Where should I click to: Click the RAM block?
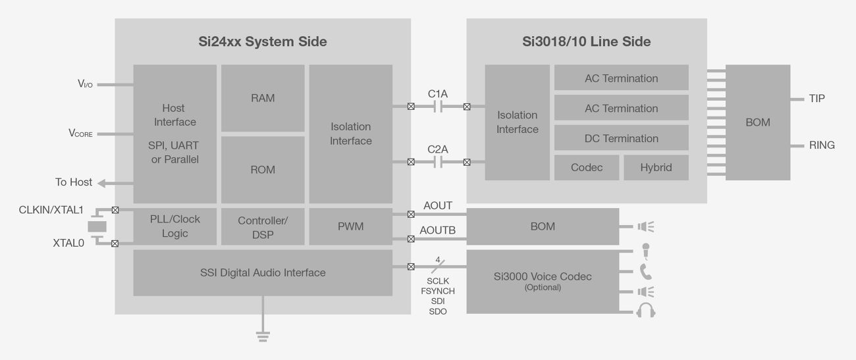click(263, 98)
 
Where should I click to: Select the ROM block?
click(263, 169)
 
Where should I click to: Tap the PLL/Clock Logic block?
click(174, 226)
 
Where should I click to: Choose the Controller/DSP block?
click(263, 227)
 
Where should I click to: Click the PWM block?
click(350, 226)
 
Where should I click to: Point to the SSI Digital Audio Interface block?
click(263, 272)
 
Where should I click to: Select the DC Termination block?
click(621, 139)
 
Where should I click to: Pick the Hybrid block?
click(656, 168)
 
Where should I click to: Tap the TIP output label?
click(816, 99)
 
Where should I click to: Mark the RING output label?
click(822, 145)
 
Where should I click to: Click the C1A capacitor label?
click(438, 94)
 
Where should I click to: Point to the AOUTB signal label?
click(438, 231)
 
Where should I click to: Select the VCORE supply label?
click(81, 134)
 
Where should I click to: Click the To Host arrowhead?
click(103, 182)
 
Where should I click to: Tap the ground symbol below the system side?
click(263, 336)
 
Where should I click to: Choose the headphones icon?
click(646, 311)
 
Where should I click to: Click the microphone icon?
click(646, 251)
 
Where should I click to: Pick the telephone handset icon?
click(645, 271)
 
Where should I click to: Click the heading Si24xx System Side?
click(263, 41)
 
